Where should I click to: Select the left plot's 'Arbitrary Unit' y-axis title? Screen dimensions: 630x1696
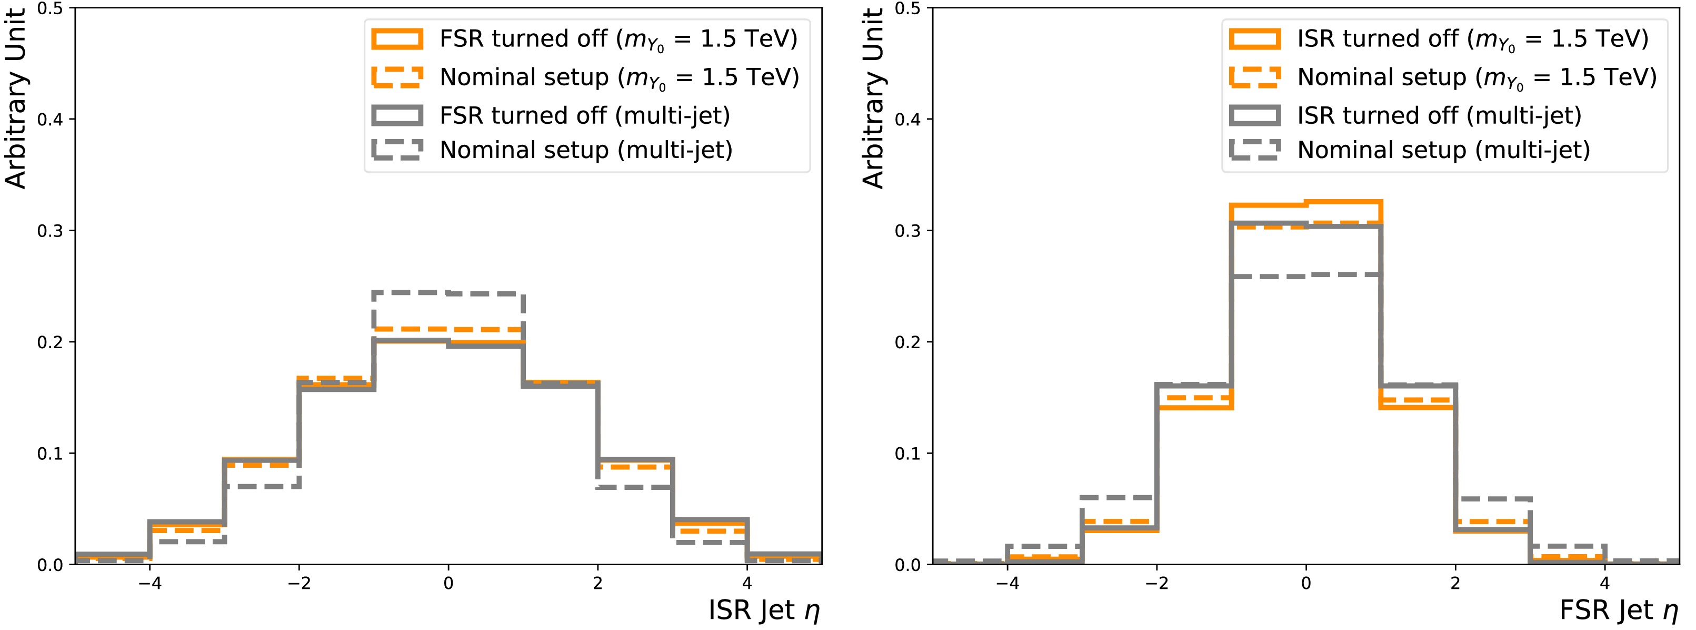16,99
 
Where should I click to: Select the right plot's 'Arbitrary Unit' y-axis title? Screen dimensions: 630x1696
873,99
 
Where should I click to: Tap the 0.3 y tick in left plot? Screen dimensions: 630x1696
50,231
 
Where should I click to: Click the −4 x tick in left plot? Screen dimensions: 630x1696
150,583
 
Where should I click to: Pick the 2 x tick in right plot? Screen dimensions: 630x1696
1455,583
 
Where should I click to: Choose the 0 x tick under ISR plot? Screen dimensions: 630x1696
448,583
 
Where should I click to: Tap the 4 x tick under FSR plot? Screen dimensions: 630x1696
1604,583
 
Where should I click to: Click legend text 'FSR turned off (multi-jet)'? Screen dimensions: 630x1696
585,116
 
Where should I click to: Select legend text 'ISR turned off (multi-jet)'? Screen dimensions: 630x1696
1439,116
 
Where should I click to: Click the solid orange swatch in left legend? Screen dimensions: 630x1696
397,39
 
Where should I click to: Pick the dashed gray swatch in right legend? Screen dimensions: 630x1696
1255,150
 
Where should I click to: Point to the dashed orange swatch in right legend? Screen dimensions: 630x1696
1255,77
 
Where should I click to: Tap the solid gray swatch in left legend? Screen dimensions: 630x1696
397,116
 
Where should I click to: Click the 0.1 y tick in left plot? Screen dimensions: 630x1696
50,454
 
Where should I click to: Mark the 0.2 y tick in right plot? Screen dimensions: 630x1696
907,342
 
